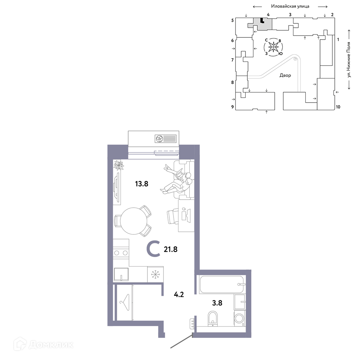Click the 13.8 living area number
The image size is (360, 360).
(x=141, y=184)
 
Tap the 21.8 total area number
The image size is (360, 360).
(x=171, y=249)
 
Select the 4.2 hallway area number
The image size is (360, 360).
(x=179, y=294)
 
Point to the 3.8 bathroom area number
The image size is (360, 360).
(x=217, y=303)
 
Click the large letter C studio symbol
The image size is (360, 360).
(x=153, y=248)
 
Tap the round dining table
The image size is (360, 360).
(x=134, y=221)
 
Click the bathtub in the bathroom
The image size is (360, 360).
(x=221, y=285)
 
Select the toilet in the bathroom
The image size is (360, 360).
(x=213, y=319)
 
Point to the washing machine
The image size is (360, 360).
(x=240, y=319)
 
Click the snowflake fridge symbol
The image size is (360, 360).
(x=156, y=274)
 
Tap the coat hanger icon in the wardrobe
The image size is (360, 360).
(x=124, y=302)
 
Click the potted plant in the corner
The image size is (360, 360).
(x=119, y=165)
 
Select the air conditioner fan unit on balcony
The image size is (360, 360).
(x=166, y=139)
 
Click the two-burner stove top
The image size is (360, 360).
(x=121, y=253)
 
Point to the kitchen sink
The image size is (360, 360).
(x=121, y=274)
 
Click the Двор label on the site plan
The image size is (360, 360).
(x=285, y=75)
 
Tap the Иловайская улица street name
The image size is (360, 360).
(x=290, y=6)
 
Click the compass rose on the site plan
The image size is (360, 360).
(x=273, y=47)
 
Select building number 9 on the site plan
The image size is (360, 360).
(x=233, y=107)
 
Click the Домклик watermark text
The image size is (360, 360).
(x=51, y=345)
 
